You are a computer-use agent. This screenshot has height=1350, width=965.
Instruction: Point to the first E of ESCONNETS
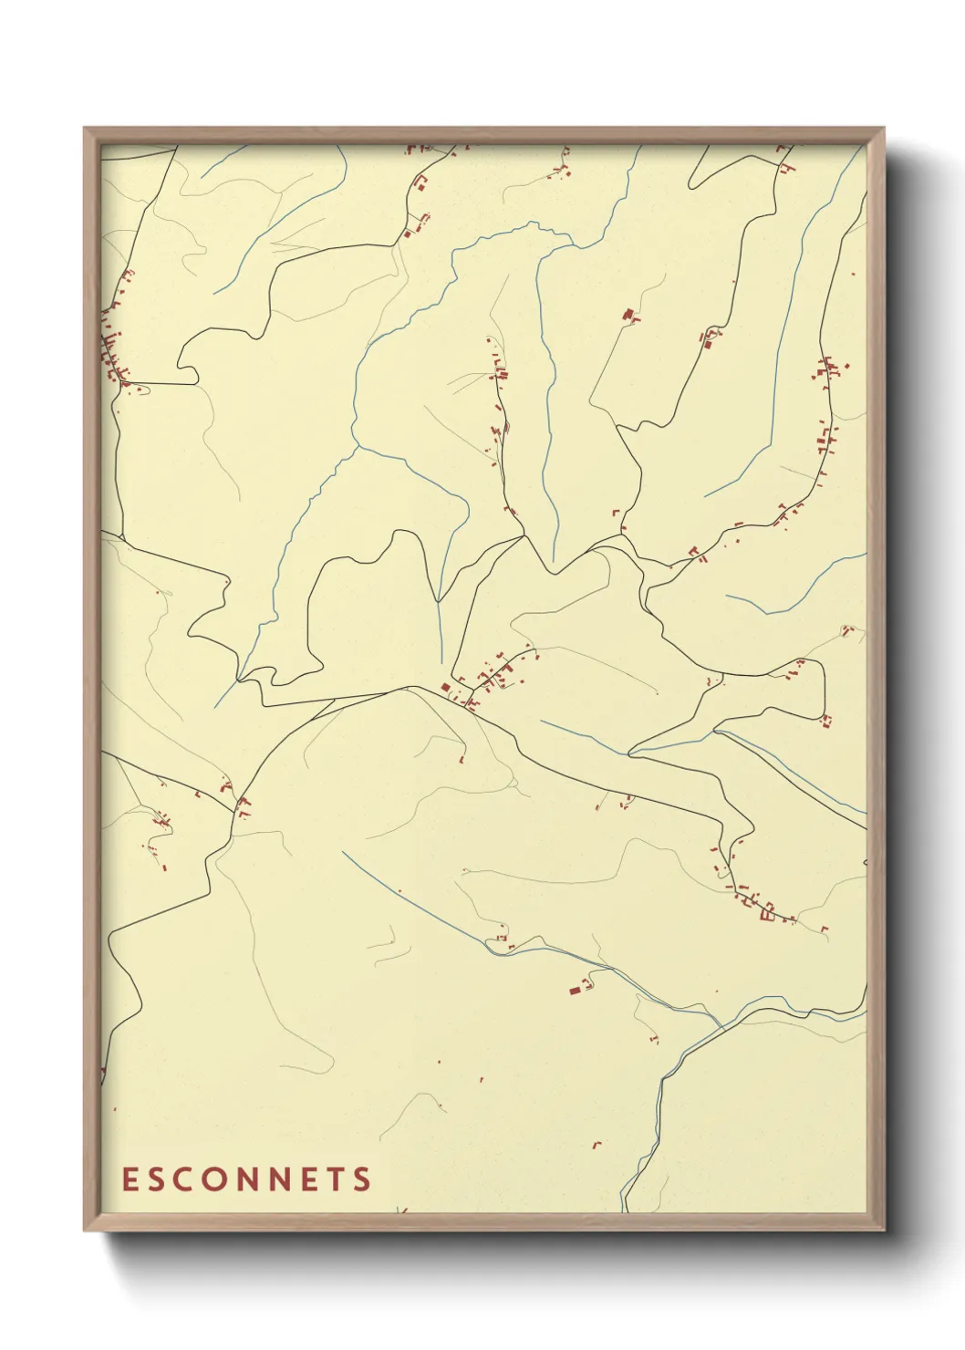(130, 1179)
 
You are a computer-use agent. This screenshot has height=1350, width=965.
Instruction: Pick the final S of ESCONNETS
(363, 1179)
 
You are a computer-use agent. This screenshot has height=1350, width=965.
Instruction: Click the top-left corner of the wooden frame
(85, 129)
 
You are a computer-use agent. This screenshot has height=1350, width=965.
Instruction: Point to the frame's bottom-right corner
(884, 1231)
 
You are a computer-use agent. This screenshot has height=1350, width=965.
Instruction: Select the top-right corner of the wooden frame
(884, 129)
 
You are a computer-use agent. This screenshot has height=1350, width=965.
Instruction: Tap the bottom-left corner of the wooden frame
(85, 1231)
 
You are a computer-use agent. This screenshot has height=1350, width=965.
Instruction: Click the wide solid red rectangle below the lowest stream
(576, 989)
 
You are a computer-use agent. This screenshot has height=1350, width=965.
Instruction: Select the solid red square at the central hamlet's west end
(445, 687)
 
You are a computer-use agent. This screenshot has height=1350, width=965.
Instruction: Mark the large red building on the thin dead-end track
(628, 315)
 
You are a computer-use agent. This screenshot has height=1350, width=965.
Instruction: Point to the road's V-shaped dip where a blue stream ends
(554, 571)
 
